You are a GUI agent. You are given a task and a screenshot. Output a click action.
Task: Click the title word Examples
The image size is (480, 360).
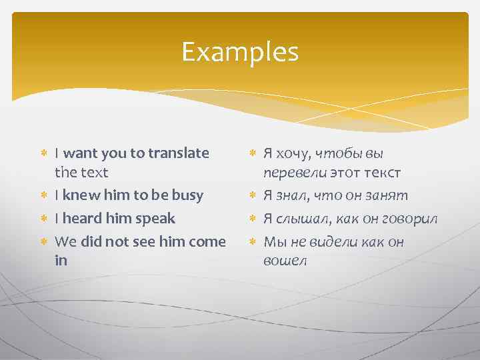click(x=240, y=51)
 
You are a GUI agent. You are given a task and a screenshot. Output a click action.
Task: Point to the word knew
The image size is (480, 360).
click(x=80, y=195)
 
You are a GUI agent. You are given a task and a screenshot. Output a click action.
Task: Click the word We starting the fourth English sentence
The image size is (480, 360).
click(x=65, y=242)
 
